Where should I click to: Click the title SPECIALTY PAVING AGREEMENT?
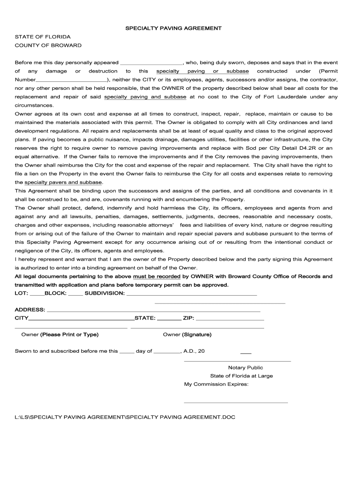173,29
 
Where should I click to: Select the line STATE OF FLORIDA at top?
43,37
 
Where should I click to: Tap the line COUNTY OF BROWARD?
48,45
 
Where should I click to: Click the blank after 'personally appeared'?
151,63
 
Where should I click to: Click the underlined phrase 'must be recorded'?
157,276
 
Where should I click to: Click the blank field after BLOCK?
75,294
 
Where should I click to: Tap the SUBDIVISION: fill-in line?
191,294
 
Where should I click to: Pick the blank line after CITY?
81,319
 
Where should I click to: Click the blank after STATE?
169,319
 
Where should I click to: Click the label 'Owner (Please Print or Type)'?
60,335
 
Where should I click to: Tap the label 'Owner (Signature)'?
187,335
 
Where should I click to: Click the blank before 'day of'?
127,352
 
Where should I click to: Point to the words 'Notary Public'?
245,368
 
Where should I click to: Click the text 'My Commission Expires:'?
216,385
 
